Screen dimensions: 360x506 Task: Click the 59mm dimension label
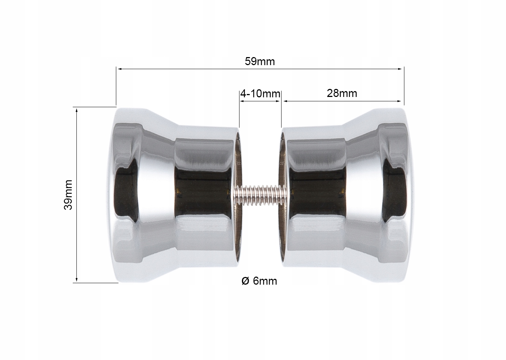tap(260, 61)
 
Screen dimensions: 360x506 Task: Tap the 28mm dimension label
tap(342, 93)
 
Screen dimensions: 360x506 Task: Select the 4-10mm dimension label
tap(260, 94)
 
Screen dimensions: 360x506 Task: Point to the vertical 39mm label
tap(68, 195)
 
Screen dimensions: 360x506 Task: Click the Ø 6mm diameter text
tap(259, 281)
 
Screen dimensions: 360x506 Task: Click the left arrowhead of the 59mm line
tap(119, 68)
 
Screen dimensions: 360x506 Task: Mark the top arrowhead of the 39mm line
tap(76, 110)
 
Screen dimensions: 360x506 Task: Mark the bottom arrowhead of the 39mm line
tap(76, 280)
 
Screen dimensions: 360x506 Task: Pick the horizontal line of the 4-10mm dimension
tap(260, 101)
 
